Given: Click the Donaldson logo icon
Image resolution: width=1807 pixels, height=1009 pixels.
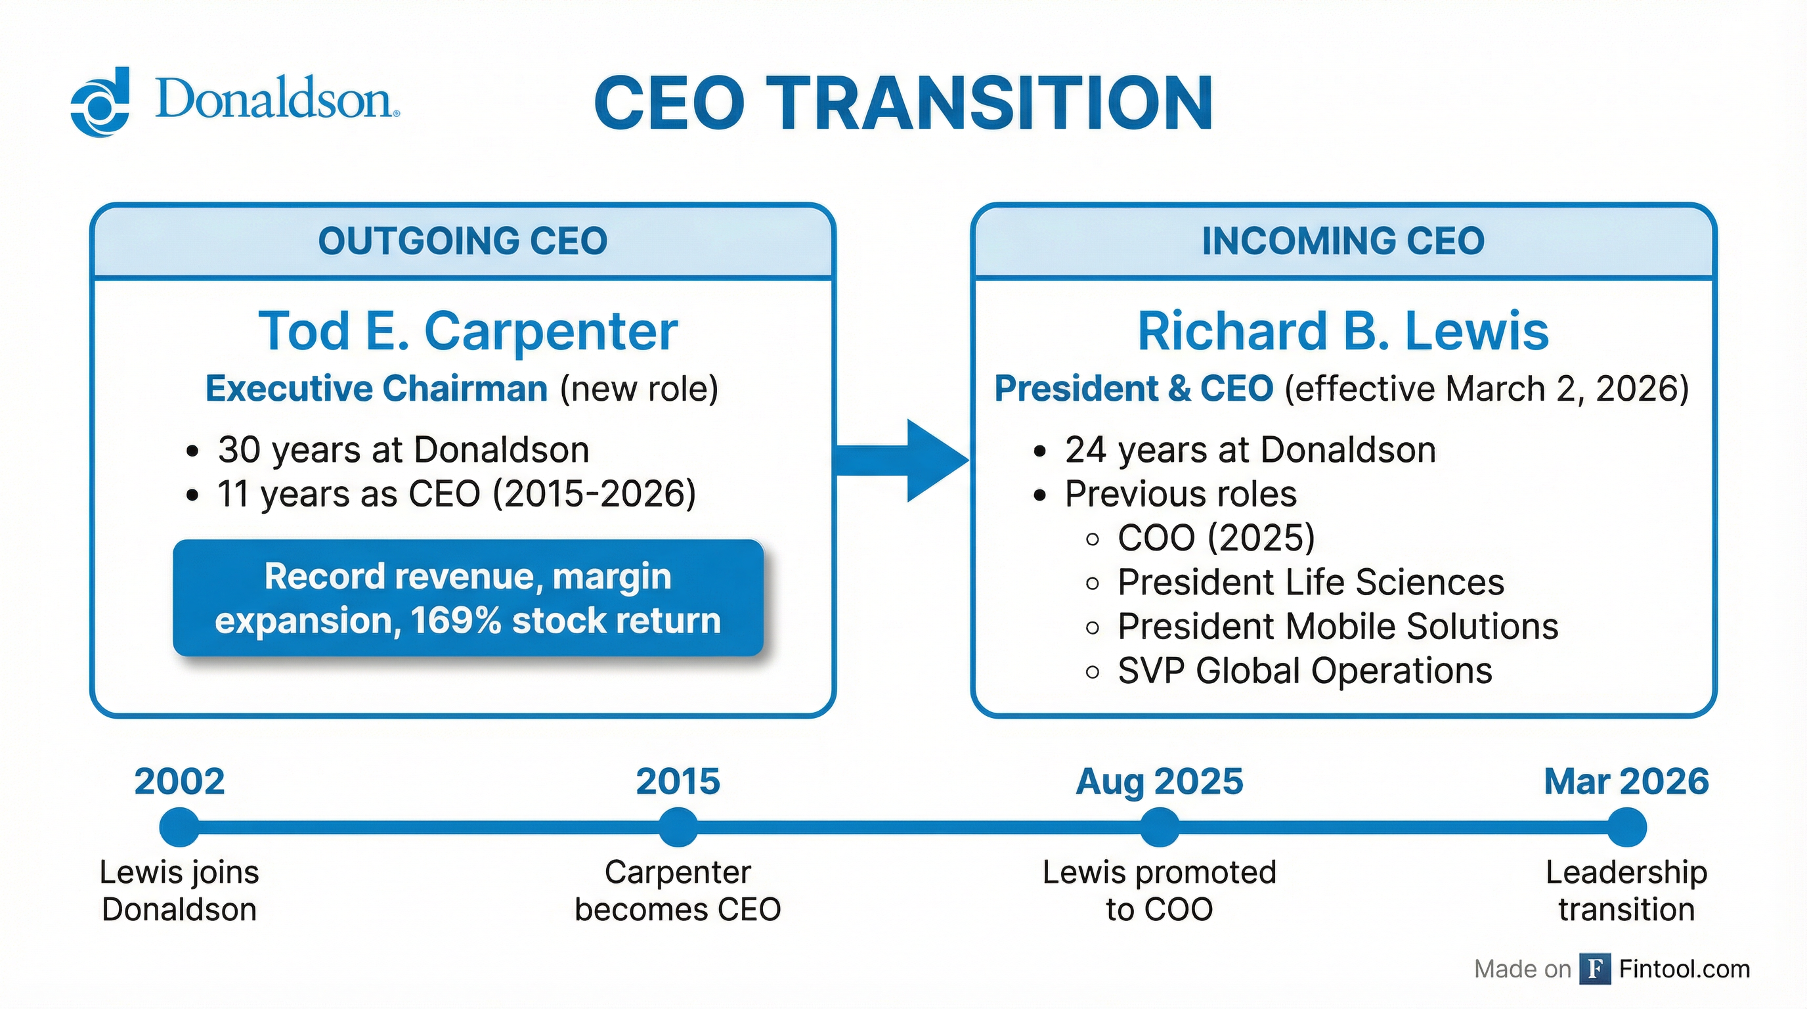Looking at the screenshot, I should point(100,102).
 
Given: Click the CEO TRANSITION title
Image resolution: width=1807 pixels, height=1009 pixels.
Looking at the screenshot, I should point(903,103).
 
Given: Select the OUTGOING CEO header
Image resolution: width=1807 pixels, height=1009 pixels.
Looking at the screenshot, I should point(462,241).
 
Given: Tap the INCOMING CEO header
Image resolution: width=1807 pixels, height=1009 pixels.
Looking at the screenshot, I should point(1343,241).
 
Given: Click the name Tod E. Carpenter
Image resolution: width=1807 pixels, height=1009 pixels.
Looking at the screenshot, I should point(468,331).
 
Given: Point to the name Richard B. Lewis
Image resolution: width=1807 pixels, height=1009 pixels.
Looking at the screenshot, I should point(1343,331).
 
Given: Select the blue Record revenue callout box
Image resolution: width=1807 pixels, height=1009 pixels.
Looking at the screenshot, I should point(468,598).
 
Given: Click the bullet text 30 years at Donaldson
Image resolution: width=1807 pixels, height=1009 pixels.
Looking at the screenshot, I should point(403,450).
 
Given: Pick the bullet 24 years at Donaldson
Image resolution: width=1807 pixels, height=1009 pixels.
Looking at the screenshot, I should point(1250,450).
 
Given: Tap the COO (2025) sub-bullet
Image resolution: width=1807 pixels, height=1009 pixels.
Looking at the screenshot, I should point(1215,538).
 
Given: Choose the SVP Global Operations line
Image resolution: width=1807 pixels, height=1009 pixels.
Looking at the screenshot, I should point(1304,671).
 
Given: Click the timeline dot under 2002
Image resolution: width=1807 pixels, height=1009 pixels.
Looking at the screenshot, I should point(179,827).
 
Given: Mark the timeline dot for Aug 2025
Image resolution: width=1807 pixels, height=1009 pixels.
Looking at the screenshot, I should point(1160,827).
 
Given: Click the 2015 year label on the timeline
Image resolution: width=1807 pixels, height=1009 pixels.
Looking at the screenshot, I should point(678,782).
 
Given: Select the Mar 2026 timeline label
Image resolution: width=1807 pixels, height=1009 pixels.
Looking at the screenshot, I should point(1626,782).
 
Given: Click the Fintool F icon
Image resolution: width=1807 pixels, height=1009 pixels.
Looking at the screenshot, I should point(1595,969).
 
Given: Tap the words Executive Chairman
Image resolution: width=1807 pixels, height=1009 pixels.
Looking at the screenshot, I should point(377,390).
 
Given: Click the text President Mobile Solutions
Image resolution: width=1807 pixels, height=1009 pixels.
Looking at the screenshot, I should point(1337,627).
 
